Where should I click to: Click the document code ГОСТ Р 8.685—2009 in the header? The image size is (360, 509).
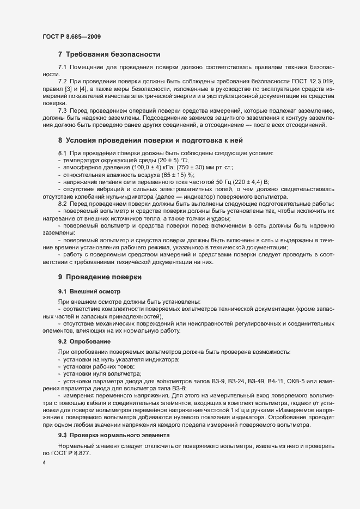tap(71, 36)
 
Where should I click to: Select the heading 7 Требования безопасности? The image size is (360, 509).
tap(109, 54)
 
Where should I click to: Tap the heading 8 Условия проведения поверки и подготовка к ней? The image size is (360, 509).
tap(154, 140)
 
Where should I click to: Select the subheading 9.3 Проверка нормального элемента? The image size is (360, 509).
tap(114, 434)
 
